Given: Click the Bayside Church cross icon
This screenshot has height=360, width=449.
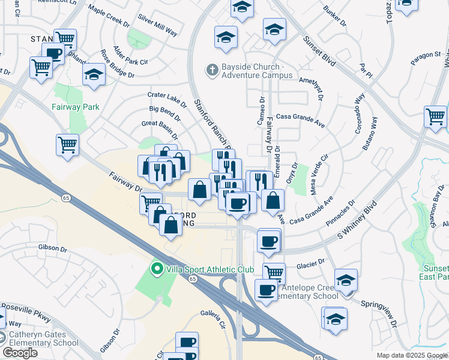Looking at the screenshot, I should click(x=211, y=70).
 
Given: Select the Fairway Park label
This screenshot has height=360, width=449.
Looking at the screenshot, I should click(x=75, y=107).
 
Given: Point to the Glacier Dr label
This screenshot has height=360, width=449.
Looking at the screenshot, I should click(x=310, y=262).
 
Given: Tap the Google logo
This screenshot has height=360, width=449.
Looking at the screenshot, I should click(x=20, y=352).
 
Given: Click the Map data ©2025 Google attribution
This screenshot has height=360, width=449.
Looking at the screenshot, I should click(x=411, y=355).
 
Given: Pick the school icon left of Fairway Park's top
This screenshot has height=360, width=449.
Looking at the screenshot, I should click(x=94, y=74).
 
